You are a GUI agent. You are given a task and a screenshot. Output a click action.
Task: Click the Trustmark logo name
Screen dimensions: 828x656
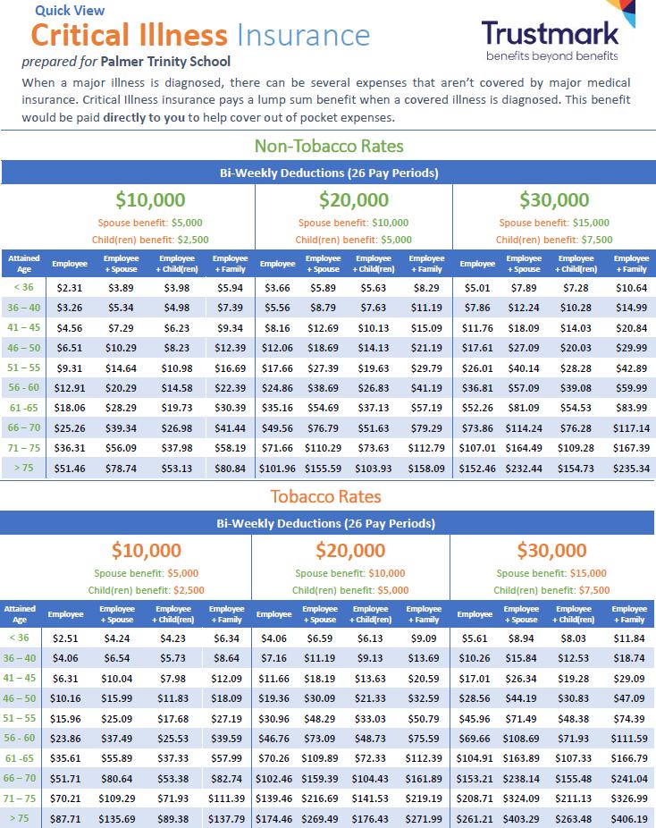(551, 34)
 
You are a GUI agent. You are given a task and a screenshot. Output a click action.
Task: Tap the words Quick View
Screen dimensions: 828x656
(70, 11)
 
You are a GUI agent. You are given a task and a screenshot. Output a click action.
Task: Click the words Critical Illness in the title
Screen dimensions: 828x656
(130, 36)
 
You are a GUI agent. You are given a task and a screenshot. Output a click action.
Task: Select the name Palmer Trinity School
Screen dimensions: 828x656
(177, 62)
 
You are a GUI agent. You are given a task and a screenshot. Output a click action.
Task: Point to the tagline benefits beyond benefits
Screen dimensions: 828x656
(551, 56)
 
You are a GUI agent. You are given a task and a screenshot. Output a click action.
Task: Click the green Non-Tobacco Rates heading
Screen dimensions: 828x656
(329, 146)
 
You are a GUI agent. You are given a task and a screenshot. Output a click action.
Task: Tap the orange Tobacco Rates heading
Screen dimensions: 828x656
(326, 496)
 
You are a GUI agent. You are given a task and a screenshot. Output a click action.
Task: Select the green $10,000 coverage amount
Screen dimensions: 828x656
(150, 199)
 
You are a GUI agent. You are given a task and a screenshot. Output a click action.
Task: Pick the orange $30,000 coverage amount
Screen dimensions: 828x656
(551, 550)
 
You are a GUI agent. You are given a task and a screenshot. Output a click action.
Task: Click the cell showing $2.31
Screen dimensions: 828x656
(69, 288)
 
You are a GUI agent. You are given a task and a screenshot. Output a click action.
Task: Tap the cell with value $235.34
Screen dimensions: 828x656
(631, 468)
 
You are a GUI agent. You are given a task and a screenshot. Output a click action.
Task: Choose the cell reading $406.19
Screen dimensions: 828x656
(630, 818)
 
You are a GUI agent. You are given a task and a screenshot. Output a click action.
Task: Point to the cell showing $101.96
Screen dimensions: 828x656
(277, 468)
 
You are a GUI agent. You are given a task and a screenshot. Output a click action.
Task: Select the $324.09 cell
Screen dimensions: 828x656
(521, 798)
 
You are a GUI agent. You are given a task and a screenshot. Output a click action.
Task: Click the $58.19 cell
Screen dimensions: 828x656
(230, 447)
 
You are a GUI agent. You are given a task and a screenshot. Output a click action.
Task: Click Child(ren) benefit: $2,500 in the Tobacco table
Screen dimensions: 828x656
(146, 590)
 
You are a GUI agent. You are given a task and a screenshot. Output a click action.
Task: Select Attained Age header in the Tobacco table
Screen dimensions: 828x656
(19, 613)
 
